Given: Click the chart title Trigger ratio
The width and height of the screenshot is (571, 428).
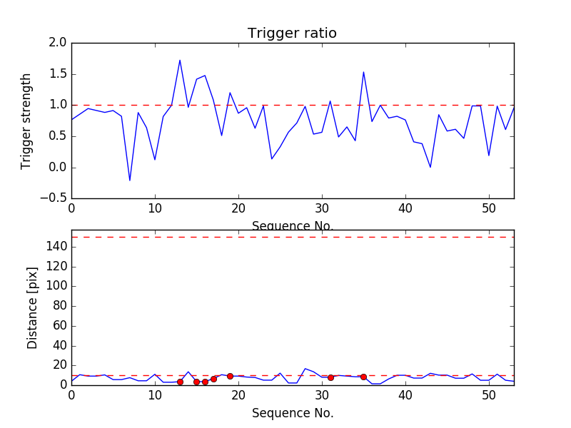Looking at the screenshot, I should [x=292, y=34].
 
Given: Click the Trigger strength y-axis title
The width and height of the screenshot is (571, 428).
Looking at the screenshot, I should [x=26, y=121].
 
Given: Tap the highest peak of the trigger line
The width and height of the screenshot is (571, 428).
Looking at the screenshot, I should [x=180, y=60].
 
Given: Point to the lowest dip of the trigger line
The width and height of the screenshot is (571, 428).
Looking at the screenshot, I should [x=130, y=180].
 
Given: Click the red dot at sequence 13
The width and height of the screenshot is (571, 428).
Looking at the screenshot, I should [x=180, y=382].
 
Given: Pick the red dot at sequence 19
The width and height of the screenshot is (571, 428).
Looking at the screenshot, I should [x=230, y=376].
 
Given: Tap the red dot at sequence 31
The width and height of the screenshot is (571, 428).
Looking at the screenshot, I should [x=330, y=377].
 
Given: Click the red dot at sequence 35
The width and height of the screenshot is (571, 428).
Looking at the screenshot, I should [x=363, y=377].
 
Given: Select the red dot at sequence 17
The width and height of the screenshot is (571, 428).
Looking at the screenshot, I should [x=213, y=379].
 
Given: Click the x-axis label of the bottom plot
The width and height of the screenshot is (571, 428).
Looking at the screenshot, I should [x=292, y=413].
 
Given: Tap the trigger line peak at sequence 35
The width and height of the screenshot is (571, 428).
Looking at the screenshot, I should [x=363, y=72].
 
